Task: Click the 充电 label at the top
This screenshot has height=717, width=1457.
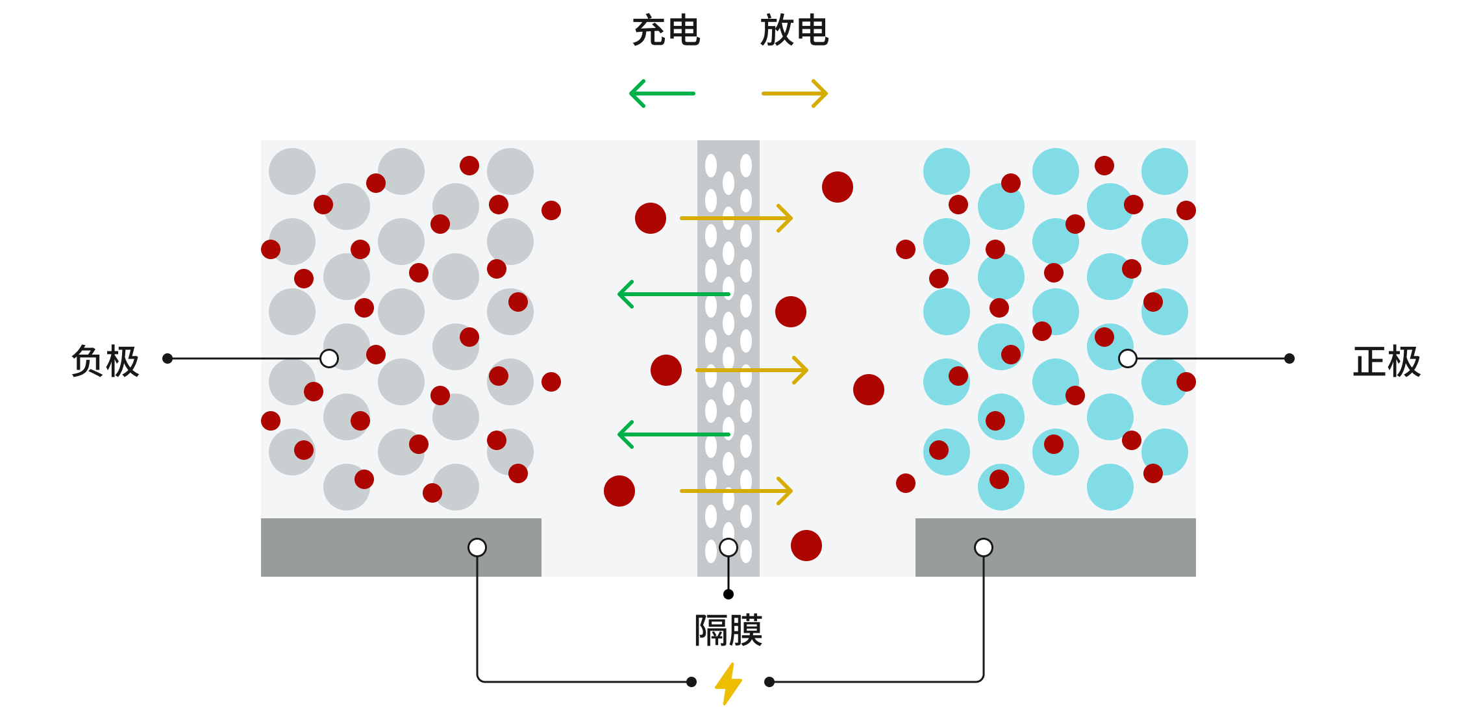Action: [x=666, y=31]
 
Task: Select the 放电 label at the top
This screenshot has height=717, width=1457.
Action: [x=794, y=31]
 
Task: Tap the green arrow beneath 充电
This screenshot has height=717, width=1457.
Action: [x=662, y=94]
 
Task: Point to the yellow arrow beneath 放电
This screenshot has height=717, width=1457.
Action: [x=795, y=94]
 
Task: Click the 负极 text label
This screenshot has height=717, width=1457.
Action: [x=105, y=361]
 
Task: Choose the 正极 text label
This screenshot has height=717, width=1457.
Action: [x=1387, y=361]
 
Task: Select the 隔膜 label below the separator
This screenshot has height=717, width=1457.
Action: [x=728, y=630]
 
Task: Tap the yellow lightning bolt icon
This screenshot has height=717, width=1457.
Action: [x=728, y=683]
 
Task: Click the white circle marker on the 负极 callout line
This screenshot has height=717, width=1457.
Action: [x=329, y=359]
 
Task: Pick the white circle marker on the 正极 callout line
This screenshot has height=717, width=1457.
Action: [x=1128, y=359]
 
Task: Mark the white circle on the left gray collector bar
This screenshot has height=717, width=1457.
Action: [x=477, y=547]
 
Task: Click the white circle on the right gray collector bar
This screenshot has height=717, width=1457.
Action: [x=984, y=547]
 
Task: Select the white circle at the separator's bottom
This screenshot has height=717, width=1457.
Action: [x=728, y=547]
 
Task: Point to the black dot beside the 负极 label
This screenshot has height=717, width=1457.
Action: [x=168, y=359]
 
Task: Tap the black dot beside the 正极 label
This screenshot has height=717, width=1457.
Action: [x=1289, y=359]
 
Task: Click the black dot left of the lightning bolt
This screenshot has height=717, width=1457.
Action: [x=691, y=682]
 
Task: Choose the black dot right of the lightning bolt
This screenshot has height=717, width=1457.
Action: [x=769, y=682]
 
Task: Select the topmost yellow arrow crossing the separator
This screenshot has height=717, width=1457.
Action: [x=736, y=218]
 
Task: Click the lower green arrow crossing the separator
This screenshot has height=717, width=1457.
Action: [x=674, y=434]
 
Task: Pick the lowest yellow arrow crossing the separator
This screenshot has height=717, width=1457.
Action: [x=736, y=491]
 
